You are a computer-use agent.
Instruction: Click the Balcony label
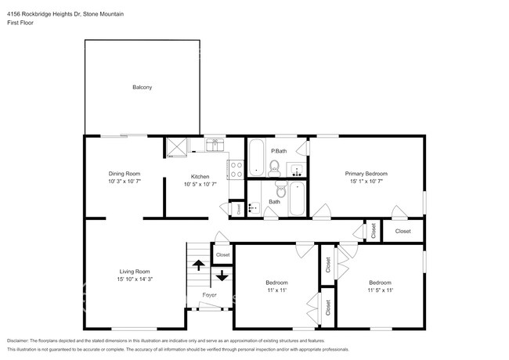(x=142, y=87)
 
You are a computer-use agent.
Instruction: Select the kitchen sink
(x=215, y=144)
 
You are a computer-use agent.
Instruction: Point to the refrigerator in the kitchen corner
(x=176, y=146)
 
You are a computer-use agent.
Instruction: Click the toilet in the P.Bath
(x=274, y=166)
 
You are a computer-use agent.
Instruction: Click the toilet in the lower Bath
(x=280, y=188)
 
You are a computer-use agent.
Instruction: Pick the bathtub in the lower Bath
(x=298, y=200)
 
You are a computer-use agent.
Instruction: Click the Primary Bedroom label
(x=366, y=173)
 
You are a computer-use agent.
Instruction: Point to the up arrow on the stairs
(x=198, y=265)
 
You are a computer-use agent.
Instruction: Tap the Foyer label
(x=209, y=295)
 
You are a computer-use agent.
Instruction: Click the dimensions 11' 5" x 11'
(x=380, y=290)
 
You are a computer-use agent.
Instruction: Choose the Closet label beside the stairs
(x=222, y=254)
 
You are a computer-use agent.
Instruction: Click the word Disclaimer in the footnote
(x=21, y=341)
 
